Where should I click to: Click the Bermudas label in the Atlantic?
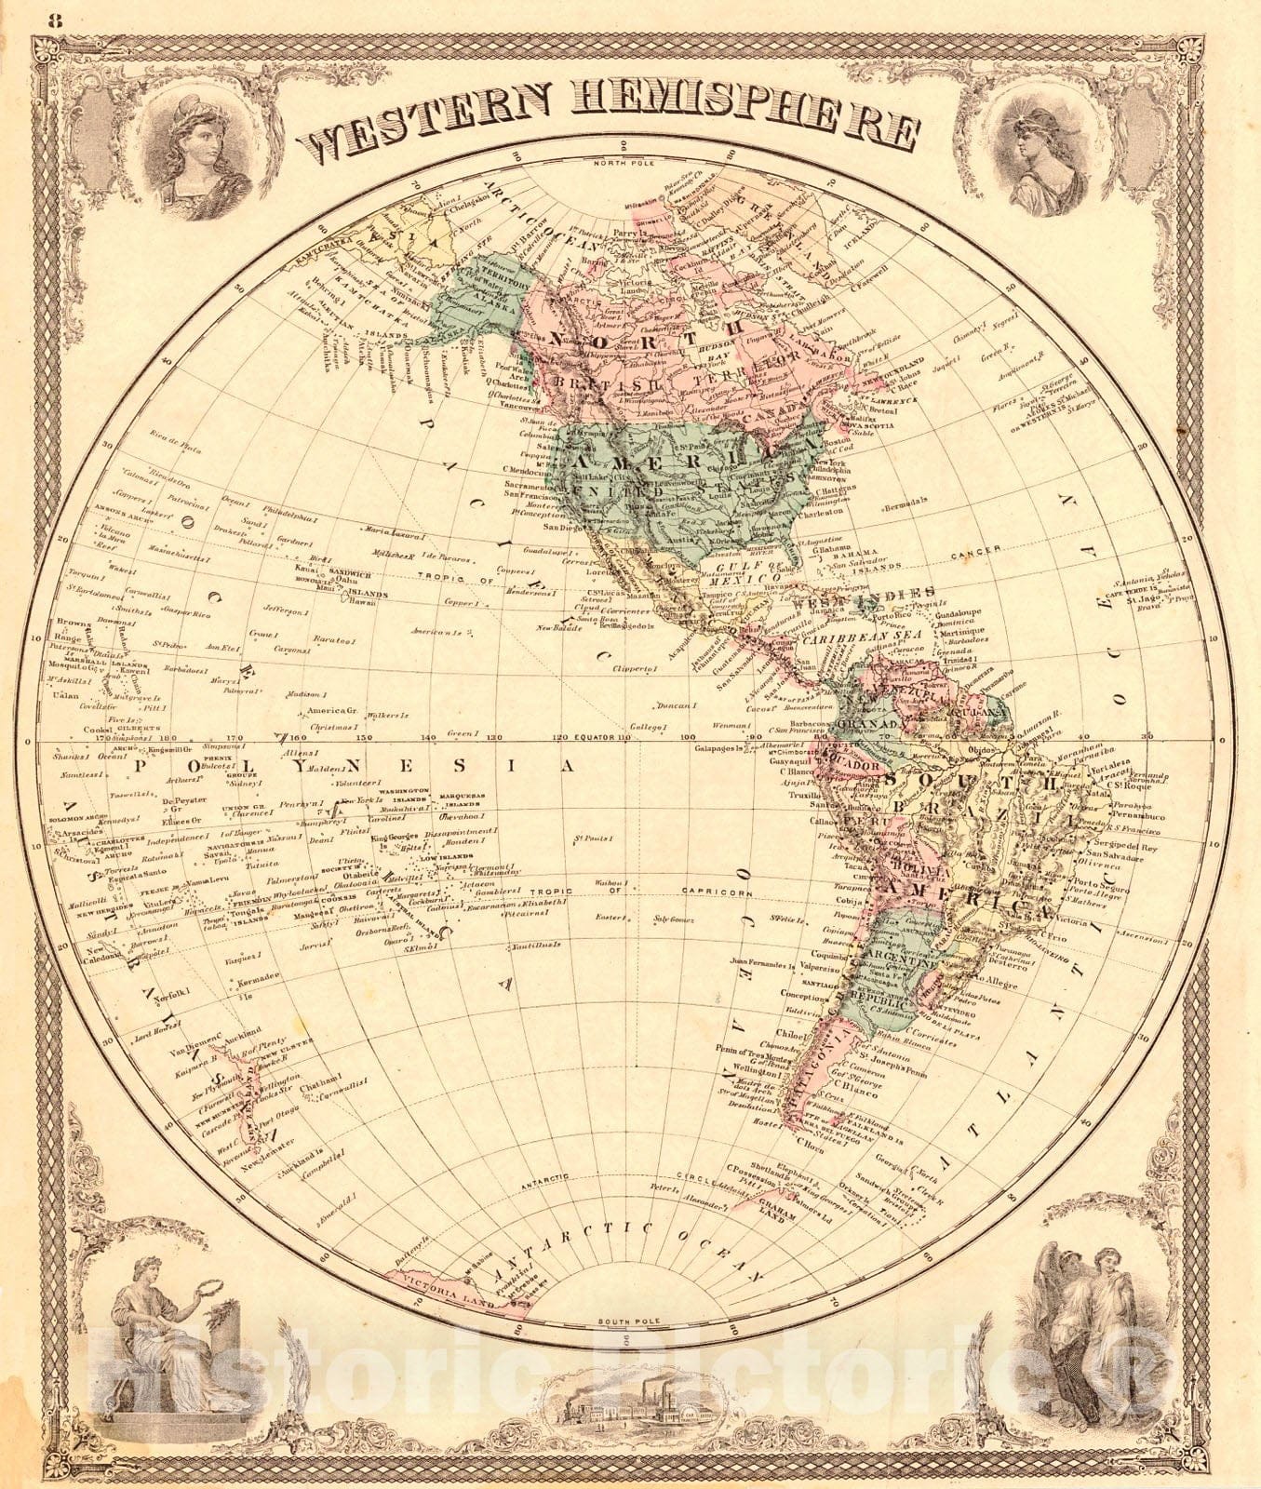(x=904, y=501)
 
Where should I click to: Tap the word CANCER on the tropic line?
(x=975, y=551)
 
